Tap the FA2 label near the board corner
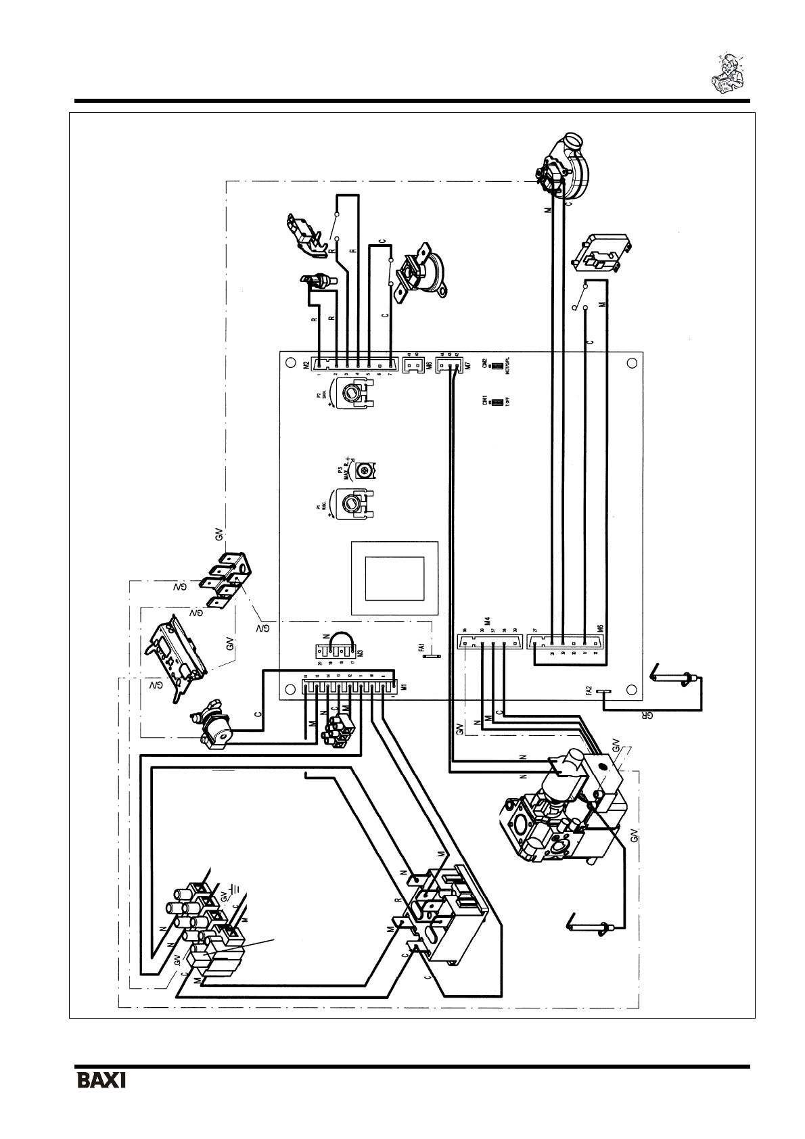coord(589,691)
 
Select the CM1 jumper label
coord(484,402)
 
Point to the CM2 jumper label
coord(484,365)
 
